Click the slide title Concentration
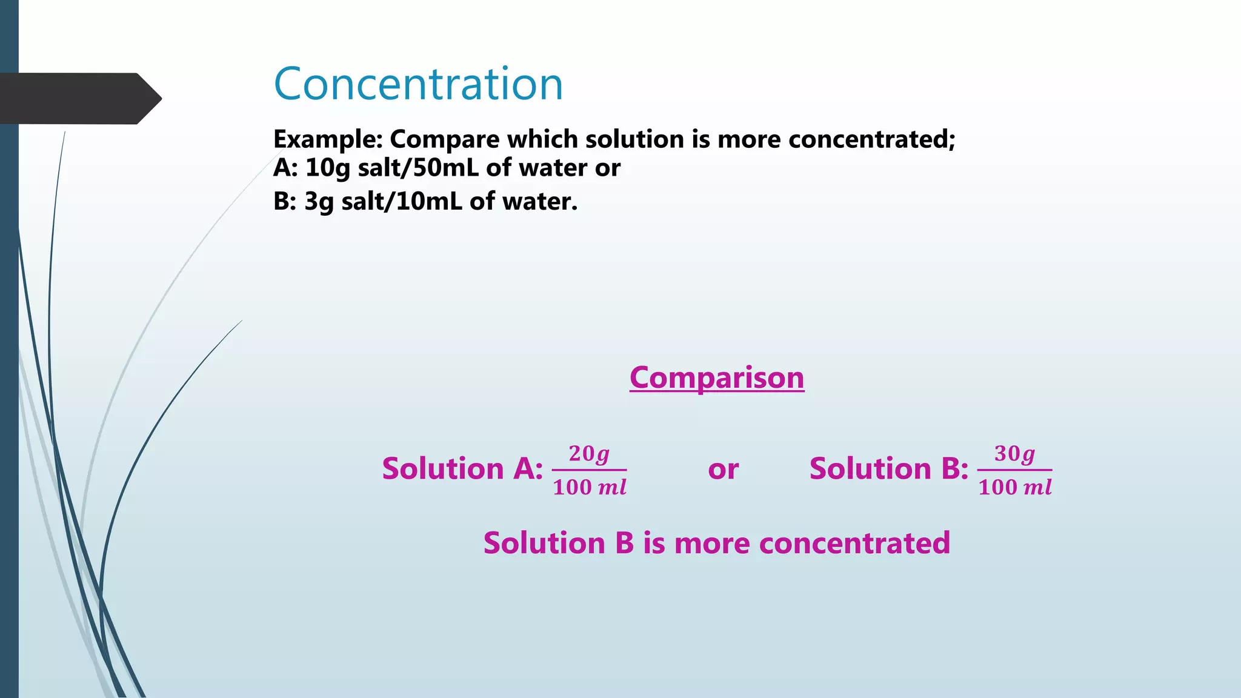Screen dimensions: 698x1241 418,84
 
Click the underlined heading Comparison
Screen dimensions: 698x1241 716,378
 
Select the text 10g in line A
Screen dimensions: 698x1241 327,168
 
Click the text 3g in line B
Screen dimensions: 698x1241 319,201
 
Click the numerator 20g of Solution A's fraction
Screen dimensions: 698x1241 589,454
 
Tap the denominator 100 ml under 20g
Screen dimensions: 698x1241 589,487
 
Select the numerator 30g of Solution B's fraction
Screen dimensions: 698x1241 1014,454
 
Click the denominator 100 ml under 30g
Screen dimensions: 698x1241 1014,487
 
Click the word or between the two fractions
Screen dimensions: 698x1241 723,470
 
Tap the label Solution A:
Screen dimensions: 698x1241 462,469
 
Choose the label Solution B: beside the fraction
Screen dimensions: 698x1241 888,469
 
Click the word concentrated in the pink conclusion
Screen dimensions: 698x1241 854,543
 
